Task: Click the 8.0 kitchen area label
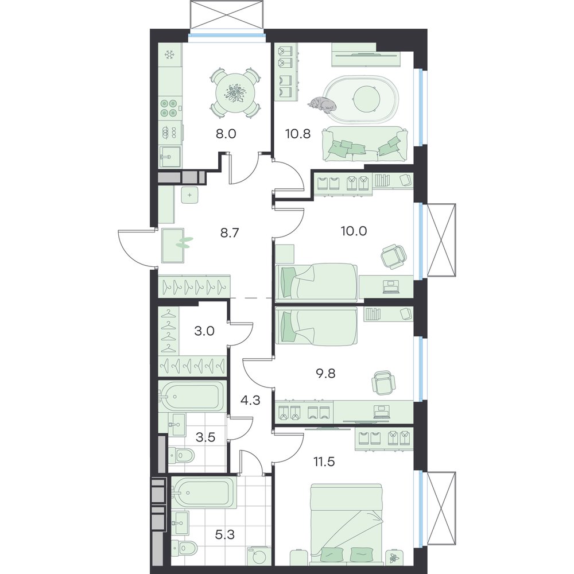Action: (x=226, y=134)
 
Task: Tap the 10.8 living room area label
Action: (x=298, y=134)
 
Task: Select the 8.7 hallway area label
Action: (x=230, y=232)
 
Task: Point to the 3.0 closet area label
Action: (x=204, y=331)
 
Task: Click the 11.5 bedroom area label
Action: (x=324, y=462)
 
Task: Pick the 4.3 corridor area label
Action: (x=250, y=400)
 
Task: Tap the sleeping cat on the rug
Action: (x=322, y=103)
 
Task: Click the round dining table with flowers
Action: (x=235, y=93)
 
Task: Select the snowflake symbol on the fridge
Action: (x=169, y=55)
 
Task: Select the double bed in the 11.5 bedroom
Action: (x=346, y=525)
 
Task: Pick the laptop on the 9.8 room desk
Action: (x=381, y=412)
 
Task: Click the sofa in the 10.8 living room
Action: (x=364, y=144)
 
